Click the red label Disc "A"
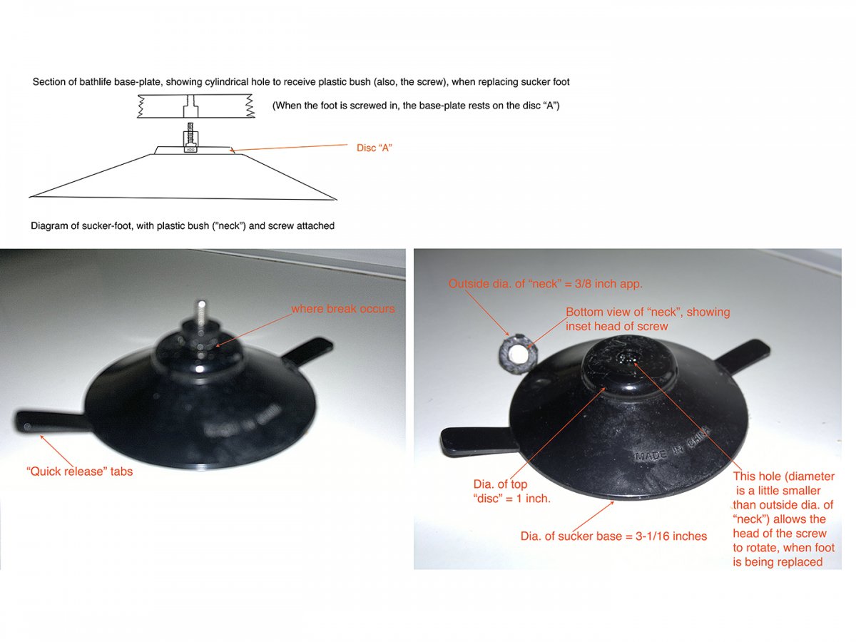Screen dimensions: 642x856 tap(374, 148)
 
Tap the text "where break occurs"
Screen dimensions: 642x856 tap(342, 309)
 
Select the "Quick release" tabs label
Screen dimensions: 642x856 tap(78, 471)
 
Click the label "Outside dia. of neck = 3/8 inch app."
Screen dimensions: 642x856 tap(545, 283)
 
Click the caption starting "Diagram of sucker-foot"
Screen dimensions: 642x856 tap(183, 225)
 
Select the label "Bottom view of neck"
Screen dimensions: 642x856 tap(647, 319)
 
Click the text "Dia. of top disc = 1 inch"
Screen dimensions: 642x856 tap(511, 491)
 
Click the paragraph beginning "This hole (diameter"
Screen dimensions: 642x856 tap(783, 519)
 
